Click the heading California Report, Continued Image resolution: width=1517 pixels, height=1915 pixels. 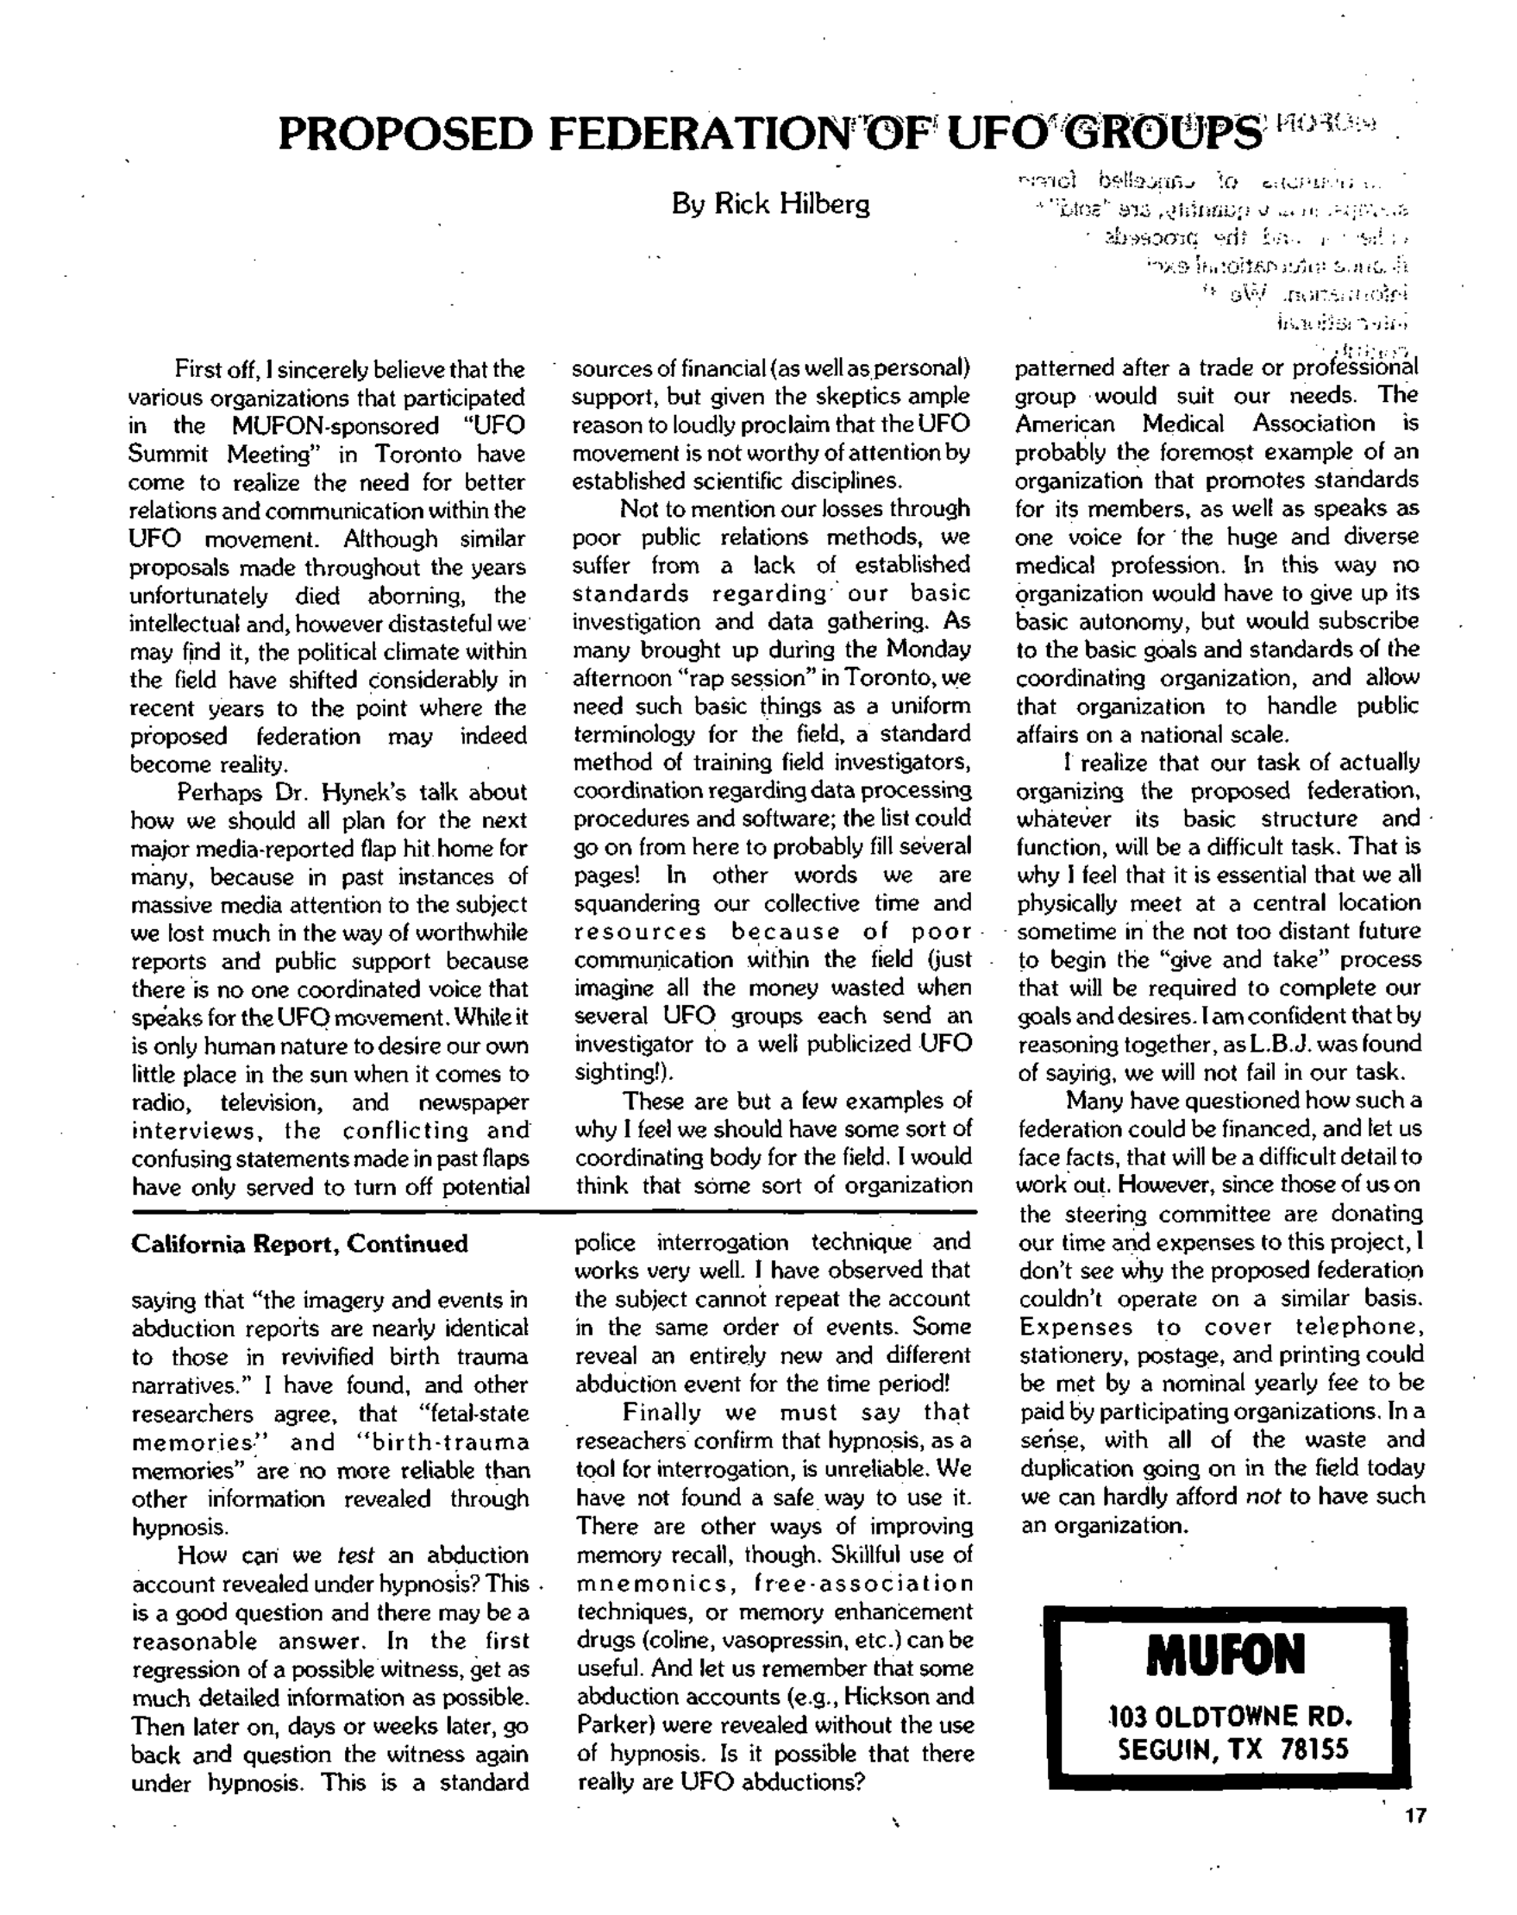(299, 1243)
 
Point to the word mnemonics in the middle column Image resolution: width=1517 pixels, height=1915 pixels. (643, 1584)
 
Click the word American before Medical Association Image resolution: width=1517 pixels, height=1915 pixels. (1066, 424)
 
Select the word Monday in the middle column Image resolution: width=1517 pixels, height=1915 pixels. (922, 650)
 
